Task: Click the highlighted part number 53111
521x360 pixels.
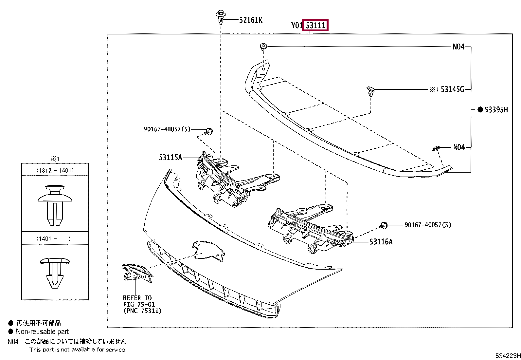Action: point(315,25)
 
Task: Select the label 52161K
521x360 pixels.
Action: point(251,20)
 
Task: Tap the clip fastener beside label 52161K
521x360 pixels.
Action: point(221,17)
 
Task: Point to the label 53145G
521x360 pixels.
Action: point(452,89)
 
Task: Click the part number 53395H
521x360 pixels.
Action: point(496,110)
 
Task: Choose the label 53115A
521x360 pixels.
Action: point(170,158)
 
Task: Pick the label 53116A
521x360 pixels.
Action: point(381,242)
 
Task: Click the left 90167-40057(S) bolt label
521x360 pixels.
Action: point(167,129)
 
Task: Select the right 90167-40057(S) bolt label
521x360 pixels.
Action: point(428,225)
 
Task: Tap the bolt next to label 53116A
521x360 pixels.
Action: point(383,225)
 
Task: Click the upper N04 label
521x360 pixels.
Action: point(458,47)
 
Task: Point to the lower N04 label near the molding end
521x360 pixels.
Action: point(459,147)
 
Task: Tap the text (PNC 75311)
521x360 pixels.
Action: point(142,311)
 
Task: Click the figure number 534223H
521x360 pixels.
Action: point(508,356)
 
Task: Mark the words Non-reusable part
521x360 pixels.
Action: point(43,332)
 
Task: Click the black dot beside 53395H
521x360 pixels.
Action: point(480,110)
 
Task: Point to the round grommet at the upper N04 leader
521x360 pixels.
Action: point(263,46)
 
